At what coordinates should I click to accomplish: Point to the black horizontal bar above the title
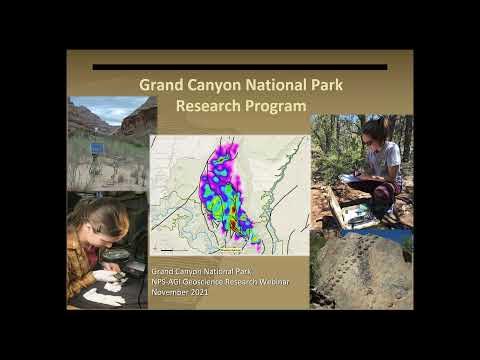tap(239, 67)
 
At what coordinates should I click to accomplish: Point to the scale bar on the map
tap(174, 246)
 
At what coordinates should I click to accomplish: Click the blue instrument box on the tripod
tap(97, 148)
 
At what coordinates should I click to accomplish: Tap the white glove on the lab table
tap(103, 297)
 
